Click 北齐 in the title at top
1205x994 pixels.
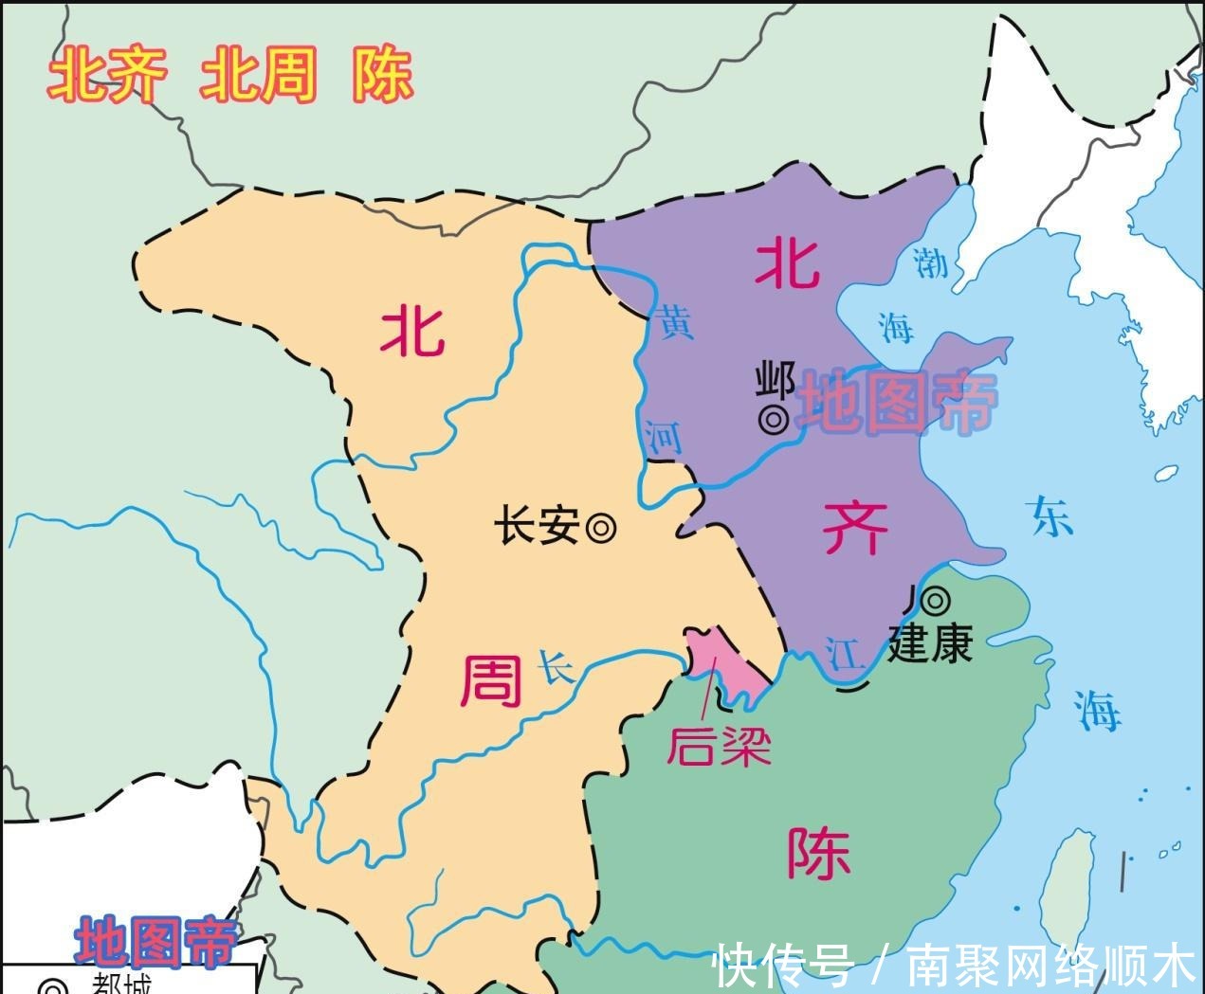(108, 76)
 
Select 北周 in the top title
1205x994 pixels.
(257, 76)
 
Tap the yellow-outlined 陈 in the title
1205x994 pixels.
(383, 76)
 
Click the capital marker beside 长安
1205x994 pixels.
(600, 528)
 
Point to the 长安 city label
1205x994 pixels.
(538, 527)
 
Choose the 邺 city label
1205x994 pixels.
(775, 382)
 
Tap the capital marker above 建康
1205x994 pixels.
(936, 599)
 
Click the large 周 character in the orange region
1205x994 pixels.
(491, 682)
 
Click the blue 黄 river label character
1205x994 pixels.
(676, 322)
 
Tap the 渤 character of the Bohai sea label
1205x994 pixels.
(931, 262)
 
